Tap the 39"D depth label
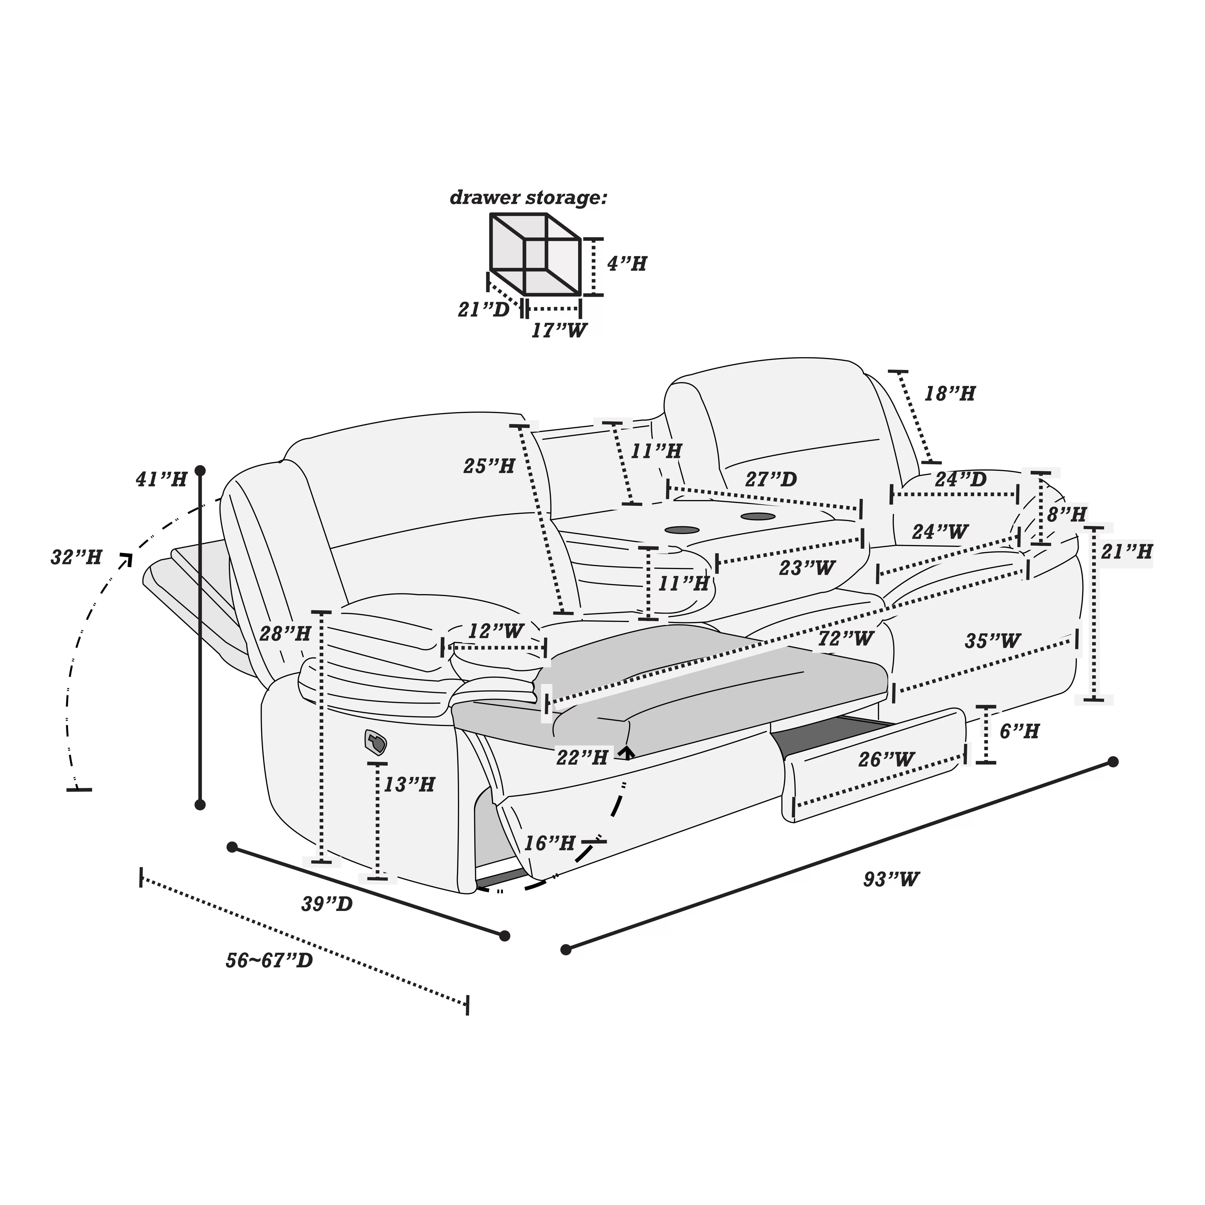327,904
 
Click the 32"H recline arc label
76,557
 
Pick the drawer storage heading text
528,198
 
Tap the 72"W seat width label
846,638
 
